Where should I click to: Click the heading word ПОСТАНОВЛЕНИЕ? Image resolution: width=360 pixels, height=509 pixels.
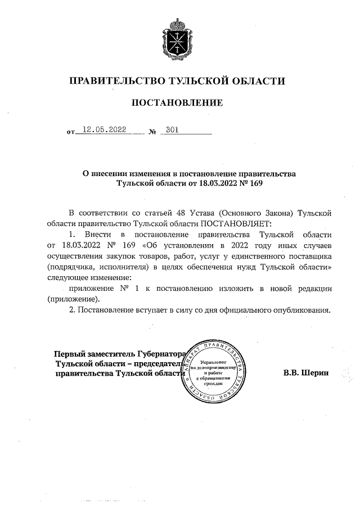click(177, 103)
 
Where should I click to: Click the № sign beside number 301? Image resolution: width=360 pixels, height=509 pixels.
click(152, 133)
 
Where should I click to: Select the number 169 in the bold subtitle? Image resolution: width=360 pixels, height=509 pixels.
click(256, 183)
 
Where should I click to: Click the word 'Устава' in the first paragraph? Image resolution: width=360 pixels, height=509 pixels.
click(200, 213)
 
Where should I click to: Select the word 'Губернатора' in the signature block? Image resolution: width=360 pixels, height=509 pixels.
click(158, 354)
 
